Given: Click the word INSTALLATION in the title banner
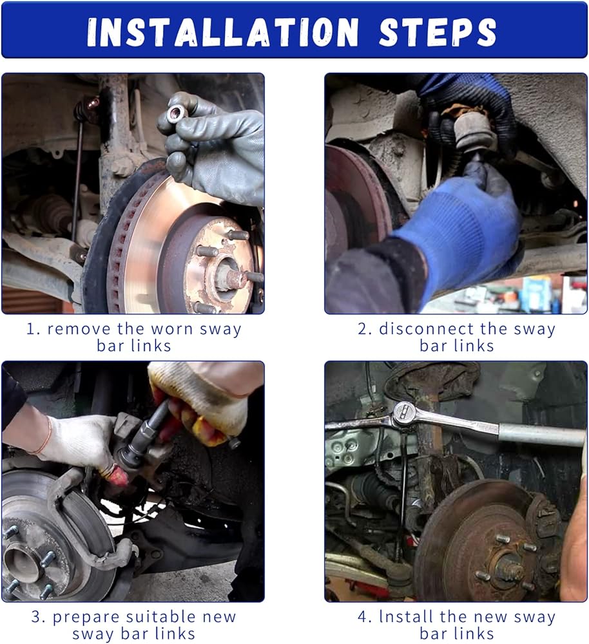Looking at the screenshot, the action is coord(223,32).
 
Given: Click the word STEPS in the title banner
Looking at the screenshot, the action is coord(438,32).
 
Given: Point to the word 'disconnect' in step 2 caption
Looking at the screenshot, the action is coord(426,329).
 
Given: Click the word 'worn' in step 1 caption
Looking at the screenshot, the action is coord(172,330).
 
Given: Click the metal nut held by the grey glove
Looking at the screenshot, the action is coord(177,113).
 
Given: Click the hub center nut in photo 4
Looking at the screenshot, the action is coord(509,569).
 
